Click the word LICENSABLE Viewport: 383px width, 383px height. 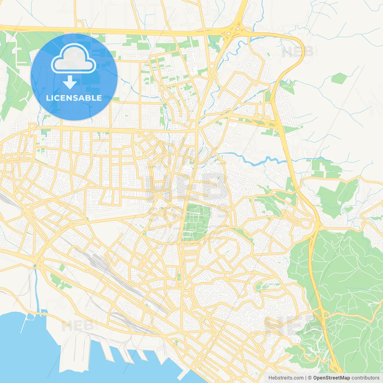point(74,98)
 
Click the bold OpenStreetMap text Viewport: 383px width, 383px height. point(331,378)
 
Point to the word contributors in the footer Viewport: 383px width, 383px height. point(365,378)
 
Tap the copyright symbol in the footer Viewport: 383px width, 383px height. point(310,378)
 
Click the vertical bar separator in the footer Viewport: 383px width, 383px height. point(306,378)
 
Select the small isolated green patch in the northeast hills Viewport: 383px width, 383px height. point(339,78)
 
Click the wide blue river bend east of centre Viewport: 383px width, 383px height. point(254,162)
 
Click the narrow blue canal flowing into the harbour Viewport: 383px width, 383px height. point(37,287)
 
